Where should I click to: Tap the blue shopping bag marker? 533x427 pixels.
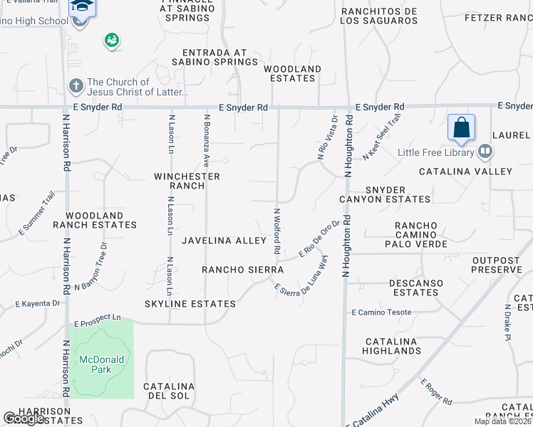[462, 128]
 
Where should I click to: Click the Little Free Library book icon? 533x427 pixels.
[485, 151]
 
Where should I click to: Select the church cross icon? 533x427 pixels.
[76, 87]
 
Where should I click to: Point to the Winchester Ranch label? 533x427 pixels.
[187, 181]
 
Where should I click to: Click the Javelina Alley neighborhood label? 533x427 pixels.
[224, 241]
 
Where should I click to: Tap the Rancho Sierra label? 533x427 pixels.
[242, 270]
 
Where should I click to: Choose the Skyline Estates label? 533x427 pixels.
[190, 304]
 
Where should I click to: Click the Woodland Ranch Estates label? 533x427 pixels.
[100, 220]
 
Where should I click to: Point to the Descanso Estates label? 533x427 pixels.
[416, 288]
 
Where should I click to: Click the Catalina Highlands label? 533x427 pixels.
[391, 346]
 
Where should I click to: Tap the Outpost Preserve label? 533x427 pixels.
[496, 265]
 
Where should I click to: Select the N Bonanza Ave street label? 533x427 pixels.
[207, 135]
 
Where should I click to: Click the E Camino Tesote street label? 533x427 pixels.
[382, 312]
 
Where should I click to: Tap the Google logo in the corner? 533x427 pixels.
[24, 418]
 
